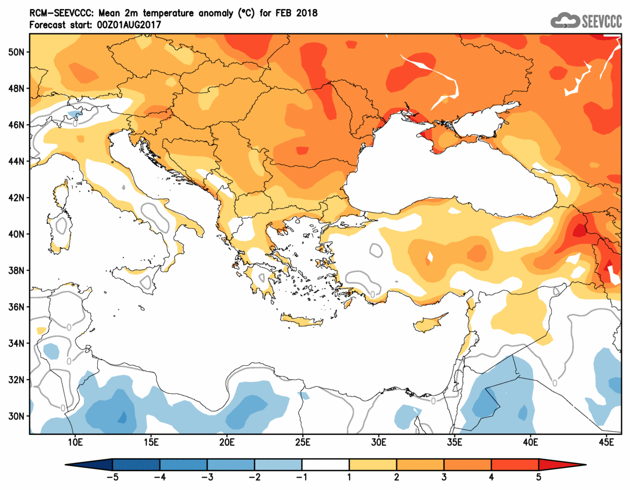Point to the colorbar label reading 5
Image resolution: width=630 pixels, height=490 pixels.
coord(539,477)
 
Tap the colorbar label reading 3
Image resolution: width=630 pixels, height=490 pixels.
coord(444,477)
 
